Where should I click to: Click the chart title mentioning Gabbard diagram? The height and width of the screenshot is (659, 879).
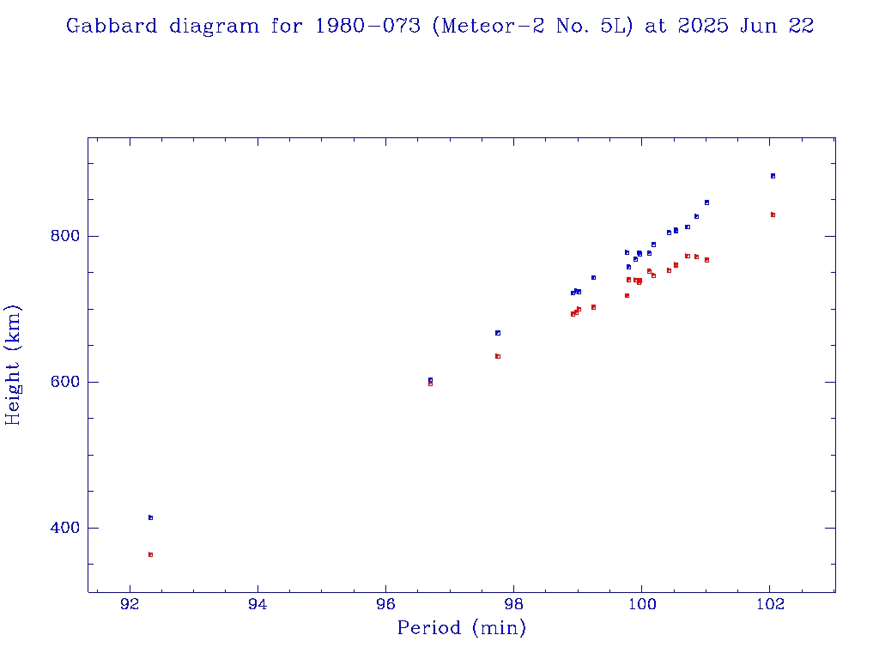[439, 26]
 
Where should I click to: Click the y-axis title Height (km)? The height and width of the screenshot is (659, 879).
[14, 365]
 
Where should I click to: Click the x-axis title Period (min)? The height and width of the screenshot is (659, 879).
[461, 628]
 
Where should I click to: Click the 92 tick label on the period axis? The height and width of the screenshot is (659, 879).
[130, 603]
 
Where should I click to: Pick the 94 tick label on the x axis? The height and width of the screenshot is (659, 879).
[258, 603]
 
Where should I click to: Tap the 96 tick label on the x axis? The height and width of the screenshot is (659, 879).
[386, 603]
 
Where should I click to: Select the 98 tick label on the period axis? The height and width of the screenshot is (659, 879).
[514, 603]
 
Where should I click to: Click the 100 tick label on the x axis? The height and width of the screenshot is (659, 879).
[641, 603]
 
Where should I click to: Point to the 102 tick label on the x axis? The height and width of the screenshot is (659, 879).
[770, 603]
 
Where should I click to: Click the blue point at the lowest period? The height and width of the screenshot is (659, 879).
[150, 517]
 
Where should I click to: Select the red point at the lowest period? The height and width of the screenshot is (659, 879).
[150, 554]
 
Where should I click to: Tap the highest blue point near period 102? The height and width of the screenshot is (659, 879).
[773, 176]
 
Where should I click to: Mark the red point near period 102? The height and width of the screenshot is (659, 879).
[773, 215]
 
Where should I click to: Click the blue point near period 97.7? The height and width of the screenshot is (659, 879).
[497, 333]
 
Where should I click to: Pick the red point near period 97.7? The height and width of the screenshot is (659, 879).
[497, 356]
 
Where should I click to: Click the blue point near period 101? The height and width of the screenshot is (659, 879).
[706, 203]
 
